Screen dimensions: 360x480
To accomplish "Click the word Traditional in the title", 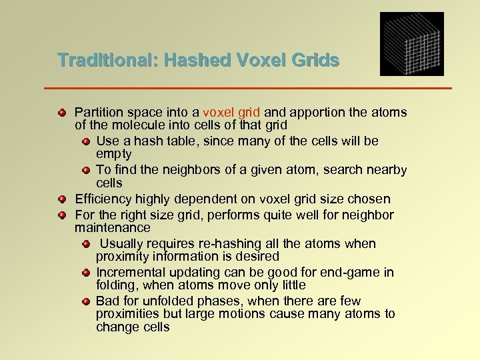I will [104, 61].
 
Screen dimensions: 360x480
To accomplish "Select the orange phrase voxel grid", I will [228, 113].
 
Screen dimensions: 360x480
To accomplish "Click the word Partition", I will [97, 113].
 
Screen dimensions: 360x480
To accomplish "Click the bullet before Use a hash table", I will [87, 141].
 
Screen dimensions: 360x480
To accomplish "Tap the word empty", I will [114, 153].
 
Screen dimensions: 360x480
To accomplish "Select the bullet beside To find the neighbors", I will [87, 170].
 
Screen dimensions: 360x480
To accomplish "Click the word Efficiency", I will [103, 199].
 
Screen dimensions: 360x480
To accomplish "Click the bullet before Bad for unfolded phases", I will [87, 301].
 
